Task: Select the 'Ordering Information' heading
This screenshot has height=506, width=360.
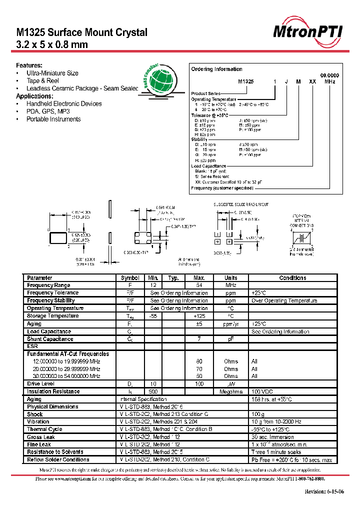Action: pyautogui.click(x=217, y=69)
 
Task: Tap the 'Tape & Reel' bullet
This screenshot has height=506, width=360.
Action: pyautogui.click(x=42, y=80)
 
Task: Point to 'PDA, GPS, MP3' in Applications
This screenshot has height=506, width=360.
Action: pyautogui.click(x=48, y=111)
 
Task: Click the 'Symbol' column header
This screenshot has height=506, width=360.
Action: pyautogui.click(x=130, y=278)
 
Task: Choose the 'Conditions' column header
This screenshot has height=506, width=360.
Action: pyautogui.click(x=292, y=278)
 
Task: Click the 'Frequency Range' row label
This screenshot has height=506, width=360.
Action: pyautogui.click(x=48, y=285)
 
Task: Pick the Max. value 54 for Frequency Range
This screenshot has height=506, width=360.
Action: pyautogui.click(x=198, y=285)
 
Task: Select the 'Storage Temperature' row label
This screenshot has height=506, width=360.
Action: pyautogui.click(x=52, y=316)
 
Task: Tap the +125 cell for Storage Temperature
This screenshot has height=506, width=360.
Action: pyautogui.click(x=198, y=316)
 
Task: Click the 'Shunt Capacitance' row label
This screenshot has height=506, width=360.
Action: pyautogui.click(x=50, y=339)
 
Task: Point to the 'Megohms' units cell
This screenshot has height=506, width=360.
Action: pyautogui.click(x=230, y=392)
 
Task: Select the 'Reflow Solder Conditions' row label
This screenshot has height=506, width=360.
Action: pyautogui.click(x=58, y=460)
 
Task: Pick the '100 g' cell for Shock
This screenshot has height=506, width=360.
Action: pyautogui.click(x=258, y=414)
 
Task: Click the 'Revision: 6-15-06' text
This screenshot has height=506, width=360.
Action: pyautogui.click(x=324, y=492)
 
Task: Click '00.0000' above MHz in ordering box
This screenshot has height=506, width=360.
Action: pyautogui.click(x=329, y=74)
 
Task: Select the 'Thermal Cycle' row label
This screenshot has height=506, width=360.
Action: pyautogui.click(x=44, y=429)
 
